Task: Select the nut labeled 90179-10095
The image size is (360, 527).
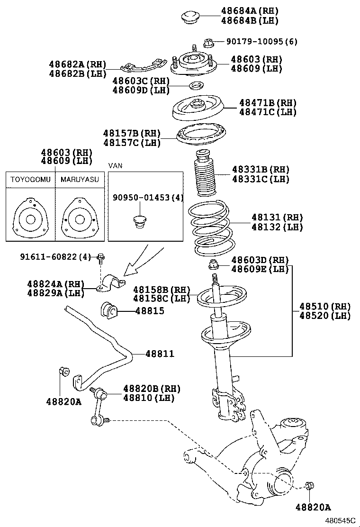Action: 208,43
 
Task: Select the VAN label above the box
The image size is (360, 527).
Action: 115,166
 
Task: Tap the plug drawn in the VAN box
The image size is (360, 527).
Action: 138,221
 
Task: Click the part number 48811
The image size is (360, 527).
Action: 160,354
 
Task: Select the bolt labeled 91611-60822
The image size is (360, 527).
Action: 100,259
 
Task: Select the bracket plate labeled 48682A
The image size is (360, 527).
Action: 144,64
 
